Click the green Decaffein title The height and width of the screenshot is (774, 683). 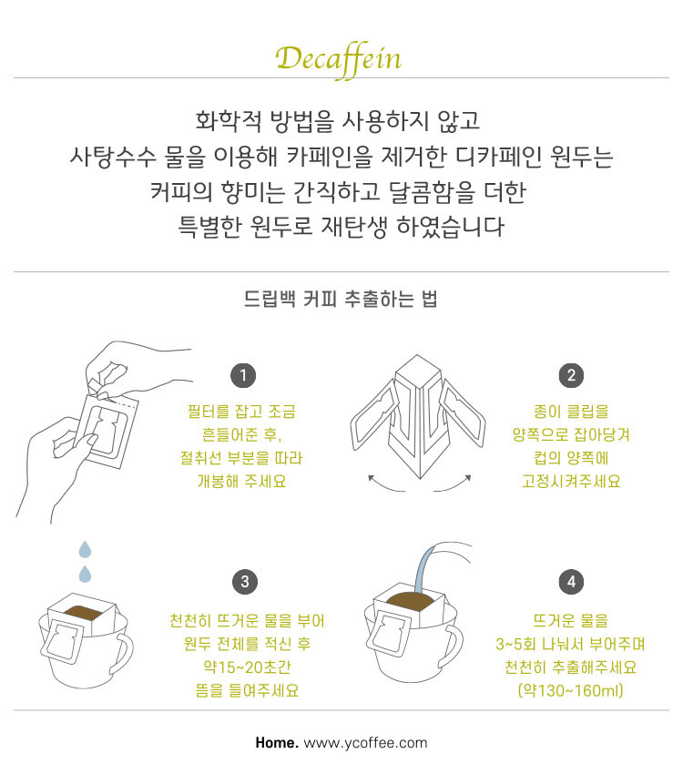(339, 59)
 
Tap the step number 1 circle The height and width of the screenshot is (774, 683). (243, 375)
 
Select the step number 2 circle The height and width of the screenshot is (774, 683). (571, 375)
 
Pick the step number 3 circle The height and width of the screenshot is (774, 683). (245, 582)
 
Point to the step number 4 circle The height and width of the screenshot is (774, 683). (571, 582)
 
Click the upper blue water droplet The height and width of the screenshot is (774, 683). (86, 549)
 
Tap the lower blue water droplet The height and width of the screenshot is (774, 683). (86, 574)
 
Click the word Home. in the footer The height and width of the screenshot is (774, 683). (277, 743)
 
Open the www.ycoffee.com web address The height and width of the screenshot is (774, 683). (366, 743)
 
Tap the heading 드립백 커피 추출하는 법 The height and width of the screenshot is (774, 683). (341, 300)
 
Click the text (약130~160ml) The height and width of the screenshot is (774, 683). (571, 690)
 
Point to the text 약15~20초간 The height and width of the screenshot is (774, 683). (247, 667)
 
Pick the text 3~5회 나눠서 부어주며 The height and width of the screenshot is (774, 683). (571, 644)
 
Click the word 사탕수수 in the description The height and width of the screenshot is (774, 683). (113, 157)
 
